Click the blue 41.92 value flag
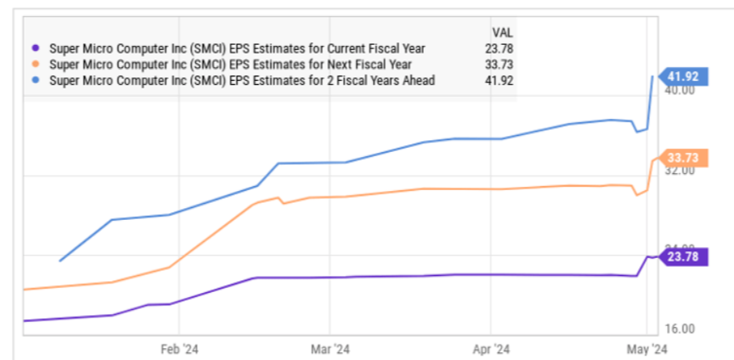click(682, 76)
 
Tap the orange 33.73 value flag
click(682, 158)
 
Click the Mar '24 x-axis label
click(331, 349)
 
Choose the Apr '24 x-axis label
click(491, 349)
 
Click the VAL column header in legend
click(503, 32)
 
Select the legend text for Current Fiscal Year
click(238, 48)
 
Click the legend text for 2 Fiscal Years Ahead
click(243, 81)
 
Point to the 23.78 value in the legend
click(498, 48)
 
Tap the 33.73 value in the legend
click(498, 65)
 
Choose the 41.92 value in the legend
click(498, 81)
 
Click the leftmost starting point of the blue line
click(60, 261)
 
